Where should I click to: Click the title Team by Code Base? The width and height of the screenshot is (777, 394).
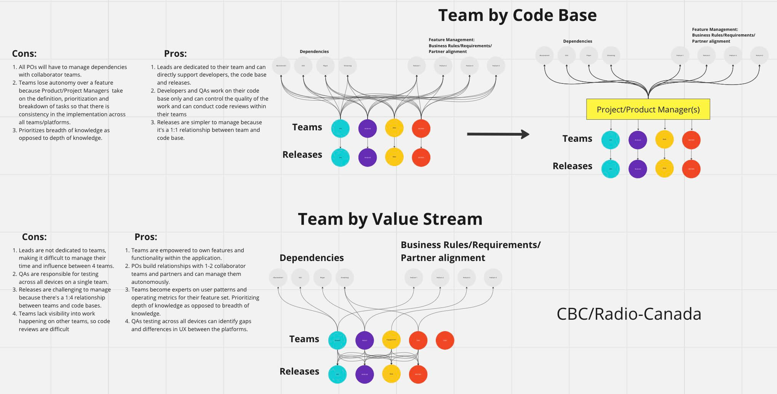[517, 16]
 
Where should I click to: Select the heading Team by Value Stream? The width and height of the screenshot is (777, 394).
[390, 219]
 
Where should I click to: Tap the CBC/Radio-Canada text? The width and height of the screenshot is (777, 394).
[628, 314]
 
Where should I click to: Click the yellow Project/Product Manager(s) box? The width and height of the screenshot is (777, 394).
[648, 109]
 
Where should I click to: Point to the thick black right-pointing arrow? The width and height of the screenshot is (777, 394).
[497, 134]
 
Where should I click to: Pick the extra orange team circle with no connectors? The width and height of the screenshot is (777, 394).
[444, 340]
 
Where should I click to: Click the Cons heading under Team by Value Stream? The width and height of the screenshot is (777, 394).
[34, 237]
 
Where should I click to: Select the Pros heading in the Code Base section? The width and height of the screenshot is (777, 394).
[175, 53]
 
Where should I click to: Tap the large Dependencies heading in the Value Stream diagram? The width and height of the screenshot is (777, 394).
[312, 258]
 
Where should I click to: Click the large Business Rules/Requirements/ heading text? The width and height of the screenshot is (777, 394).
[470, 245]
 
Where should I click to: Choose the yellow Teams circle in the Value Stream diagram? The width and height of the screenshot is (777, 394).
[391, 340]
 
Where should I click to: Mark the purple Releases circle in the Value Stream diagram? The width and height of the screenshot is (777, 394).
[365, 374]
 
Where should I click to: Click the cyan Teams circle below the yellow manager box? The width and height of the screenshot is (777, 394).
[611, 140]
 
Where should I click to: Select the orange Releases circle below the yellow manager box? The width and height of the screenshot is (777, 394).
[691, 169]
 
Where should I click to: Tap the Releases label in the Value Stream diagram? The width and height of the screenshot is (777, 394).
[299, 372]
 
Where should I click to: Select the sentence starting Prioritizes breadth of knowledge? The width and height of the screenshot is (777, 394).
[64, 130]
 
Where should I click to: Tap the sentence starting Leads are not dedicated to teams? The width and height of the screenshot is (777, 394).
[62, 250]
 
